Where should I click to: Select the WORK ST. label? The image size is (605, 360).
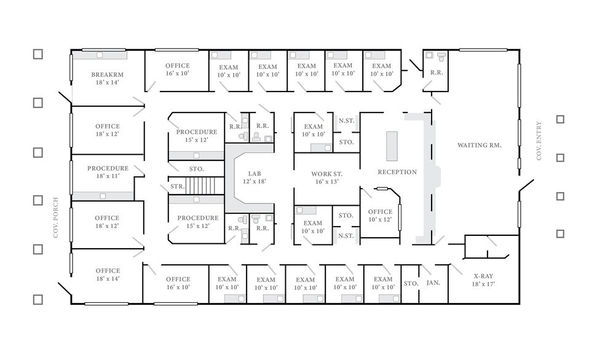(x=326, y=174)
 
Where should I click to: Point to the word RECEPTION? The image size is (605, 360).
(x=397, y=172)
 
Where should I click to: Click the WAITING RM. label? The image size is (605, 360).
(x=480, y=146)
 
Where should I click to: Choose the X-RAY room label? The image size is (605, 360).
(x=483, y=276)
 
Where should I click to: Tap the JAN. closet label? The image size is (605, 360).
(x=433, y=283)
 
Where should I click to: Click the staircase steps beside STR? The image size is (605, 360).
(x=202, y=186)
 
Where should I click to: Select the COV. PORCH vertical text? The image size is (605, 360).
(x=55, y=217)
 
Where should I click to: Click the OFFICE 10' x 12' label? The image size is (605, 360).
(x=380, y=216)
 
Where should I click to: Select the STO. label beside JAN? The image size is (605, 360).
(x=411, y=283)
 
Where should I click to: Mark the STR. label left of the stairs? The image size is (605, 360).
(x=177, y=186)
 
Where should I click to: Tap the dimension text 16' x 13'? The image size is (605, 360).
(x=326, y=182)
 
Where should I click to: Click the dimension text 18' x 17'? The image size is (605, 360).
(x=483, y=284)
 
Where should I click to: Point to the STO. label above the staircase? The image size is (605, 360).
(x=197, y=168)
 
